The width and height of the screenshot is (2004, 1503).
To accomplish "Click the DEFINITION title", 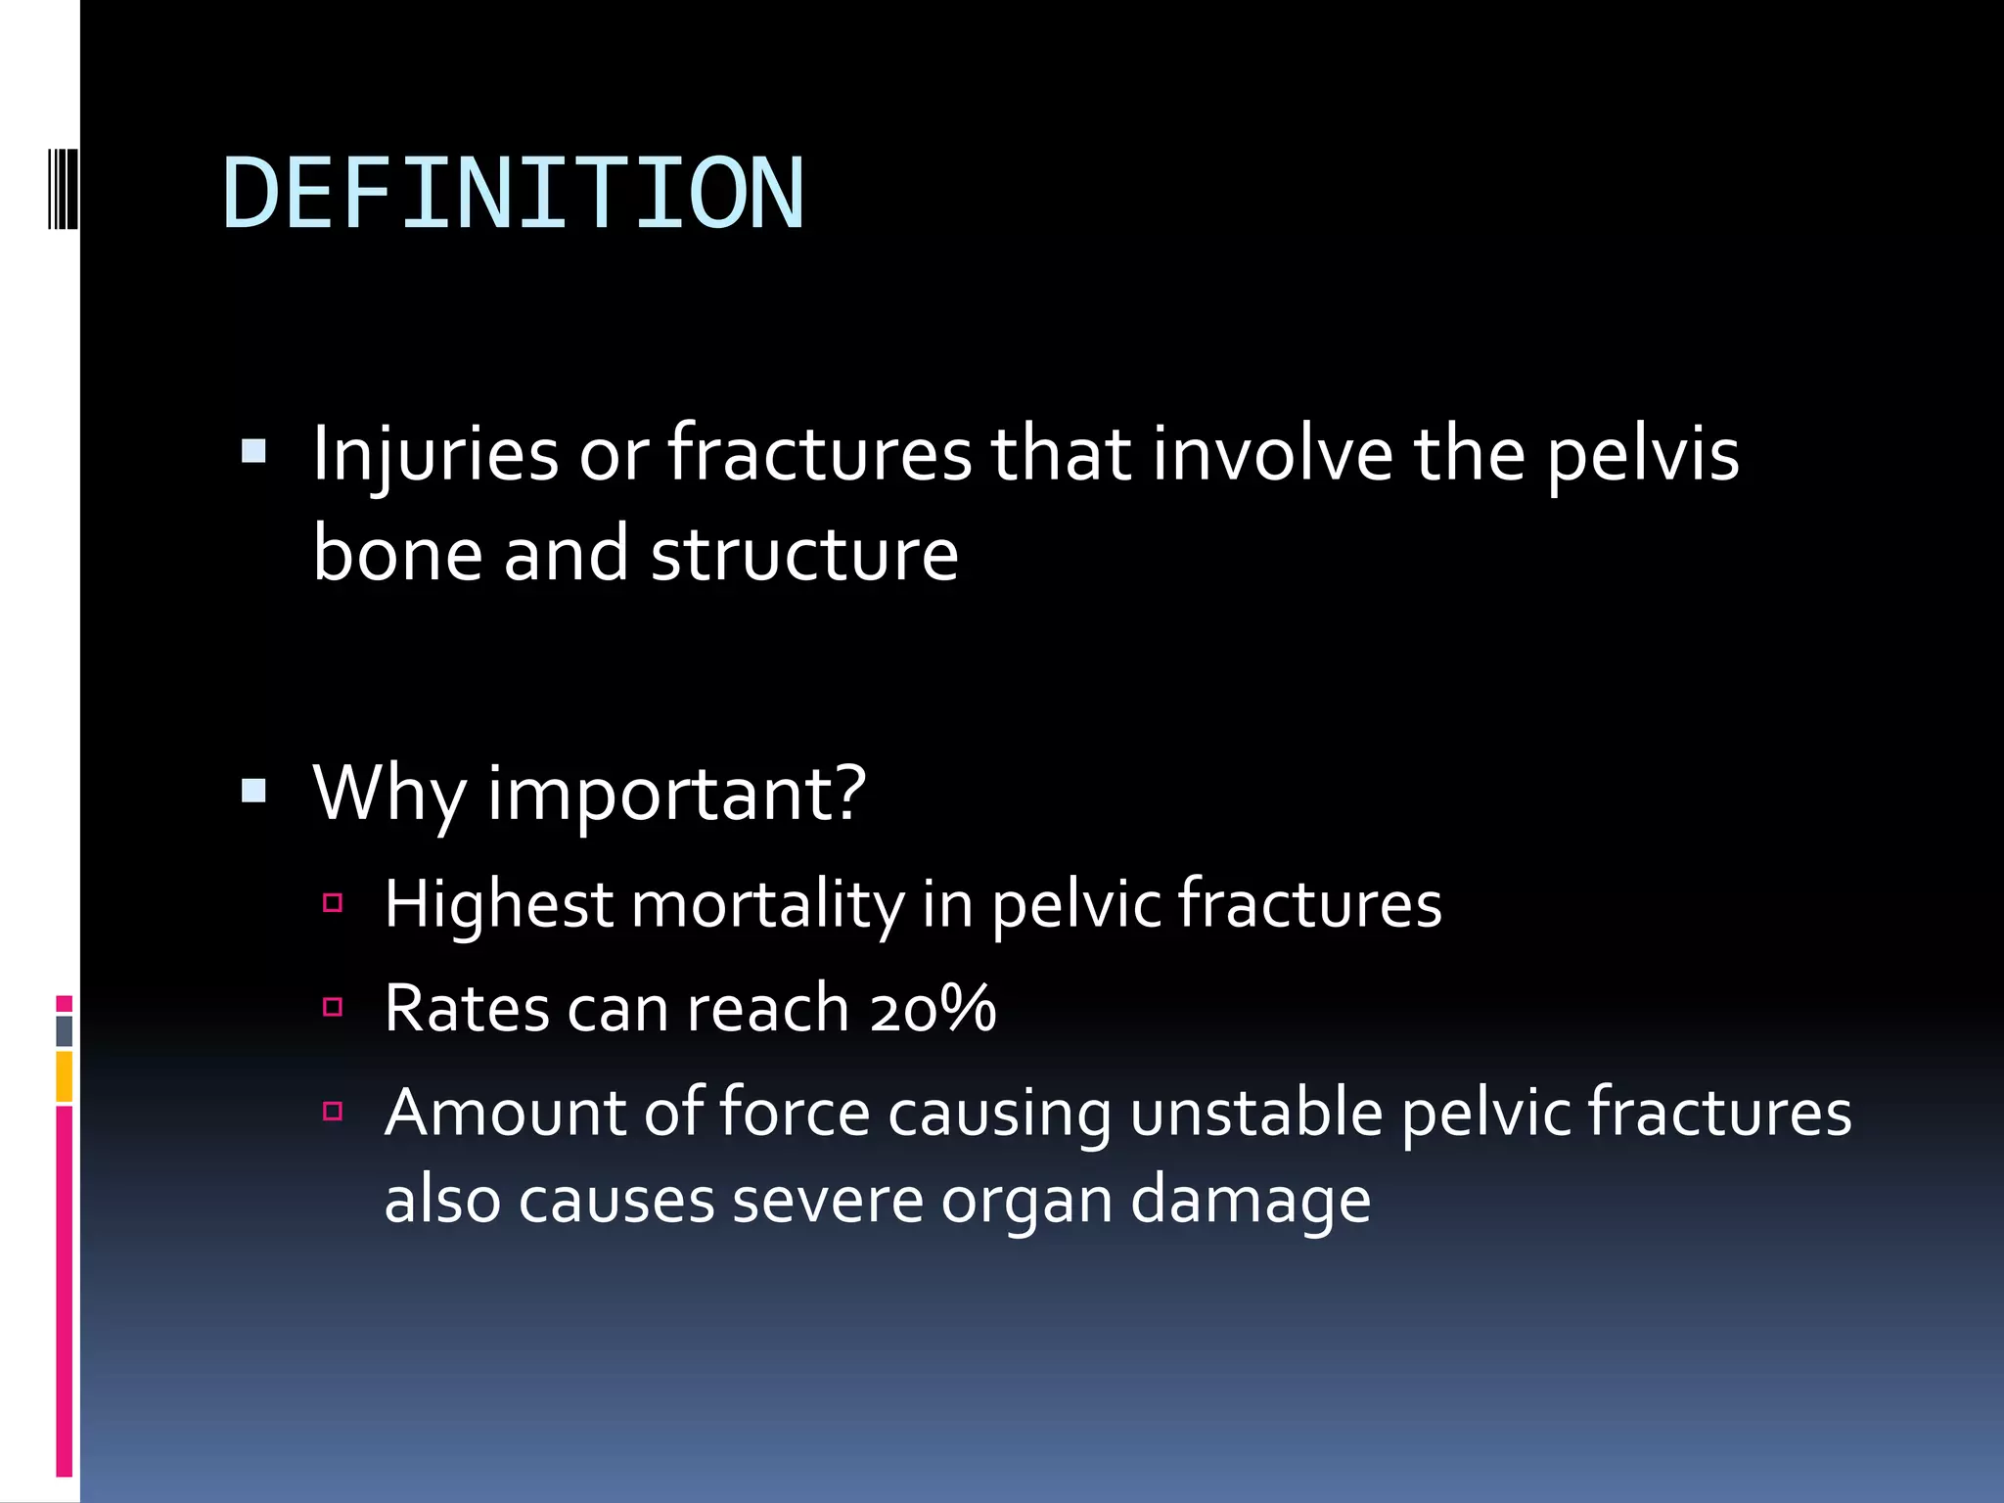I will pyautogui.click(x=514, y=194).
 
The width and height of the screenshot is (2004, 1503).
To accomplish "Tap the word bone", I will pyautogui.click(x=397, y=554).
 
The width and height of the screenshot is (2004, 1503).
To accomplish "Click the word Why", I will pyautogui.click(x=389, y=793).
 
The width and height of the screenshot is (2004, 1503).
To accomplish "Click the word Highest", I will pyautogui.click(x=498, y=904).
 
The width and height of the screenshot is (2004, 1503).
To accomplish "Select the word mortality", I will pyautogui.click(x=768, y=904).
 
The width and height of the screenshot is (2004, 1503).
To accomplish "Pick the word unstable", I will pyautogui.click(x=1256, y=1113).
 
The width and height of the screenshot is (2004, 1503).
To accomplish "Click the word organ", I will pyautogui.click(x=1026, y=1202).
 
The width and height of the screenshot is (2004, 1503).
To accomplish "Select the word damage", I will pyautogui.click(x=1251, y=1202).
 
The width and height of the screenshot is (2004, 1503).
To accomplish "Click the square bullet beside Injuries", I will pyautogui.click(x=253, y=451).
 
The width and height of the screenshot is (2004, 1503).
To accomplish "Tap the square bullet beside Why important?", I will pyautogui.click(x=253, y=791).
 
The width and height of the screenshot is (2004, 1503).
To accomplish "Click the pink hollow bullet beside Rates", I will pyautogui.click(x=333, y=1007).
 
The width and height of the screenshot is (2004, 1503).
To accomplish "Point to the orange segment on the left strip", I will pyautogui.click(x=64, y=1076).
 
